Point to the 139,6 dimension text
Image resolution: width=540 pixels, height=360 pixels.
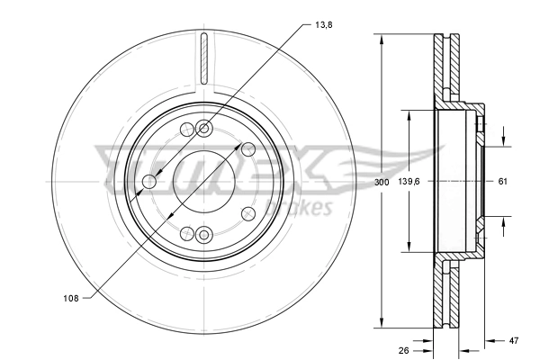[x=409, y=182]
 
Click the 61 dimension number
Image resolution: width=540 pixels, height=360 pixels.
[x=503, y=182]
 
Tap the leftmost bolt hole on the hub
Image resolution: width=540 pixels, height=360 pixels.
[x=149, y=184]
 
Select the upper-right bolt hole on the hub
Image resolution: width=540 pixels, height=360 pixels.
[x=247, y=149]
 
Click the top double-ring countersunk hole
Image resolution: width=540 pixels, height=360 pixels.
[x=203, y=128]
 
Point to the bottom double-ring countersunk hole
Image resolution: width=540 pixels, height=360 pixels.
[x=203, y=236]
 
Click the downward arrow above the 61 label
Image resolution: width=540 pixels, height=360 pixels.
[x=503, y=140]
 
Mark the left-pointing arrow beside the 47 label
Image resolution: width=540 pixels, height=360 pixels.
[x=490, y=341]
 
